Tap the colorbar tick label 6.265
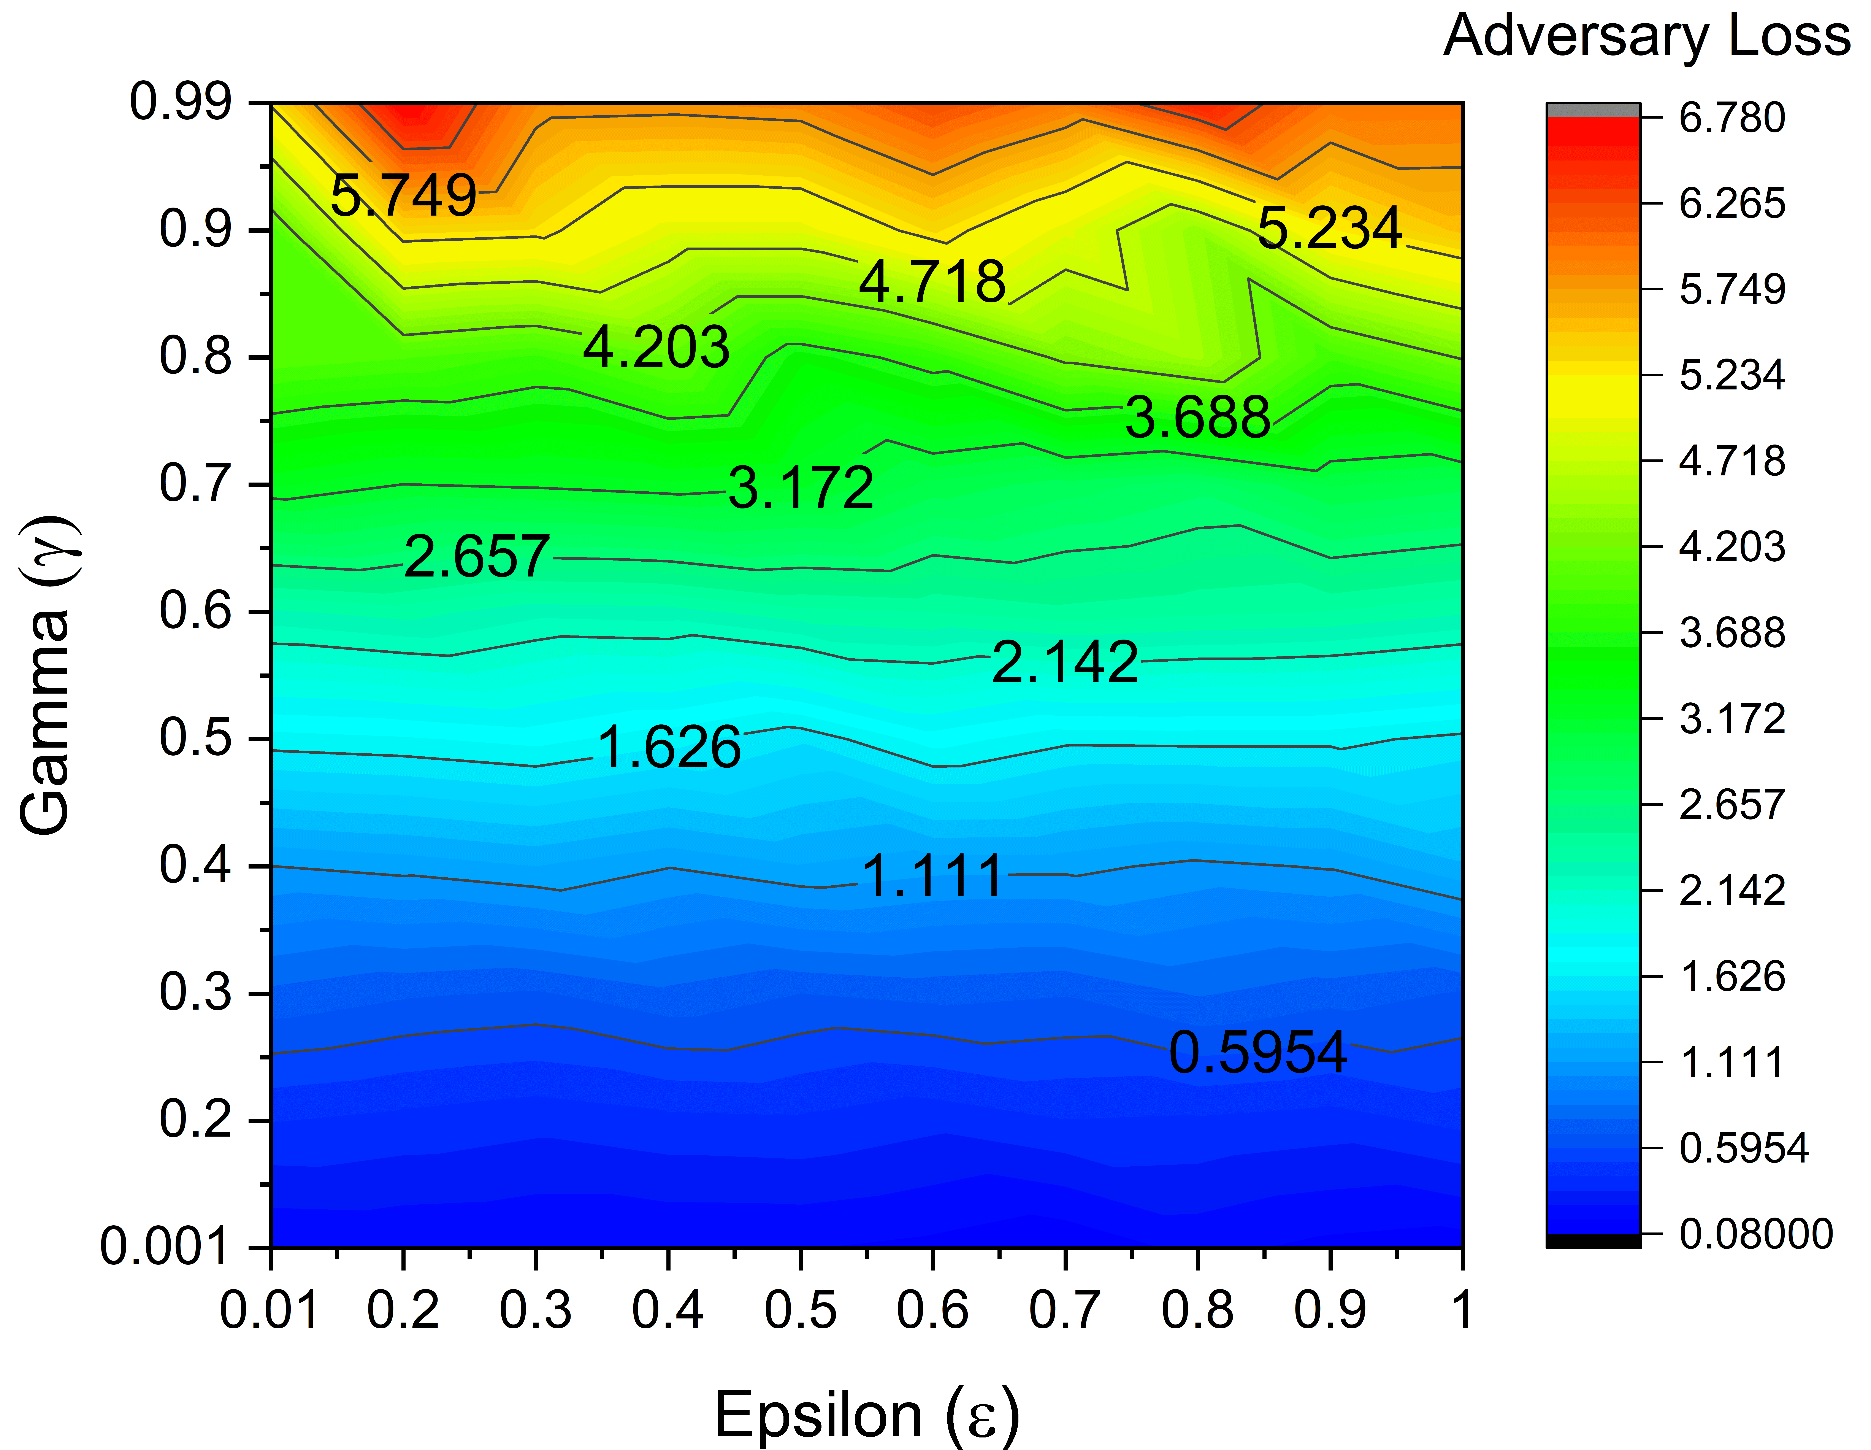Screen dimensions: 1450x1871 1731,204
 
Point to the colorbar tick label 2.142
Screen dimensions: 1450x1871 1731,891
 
